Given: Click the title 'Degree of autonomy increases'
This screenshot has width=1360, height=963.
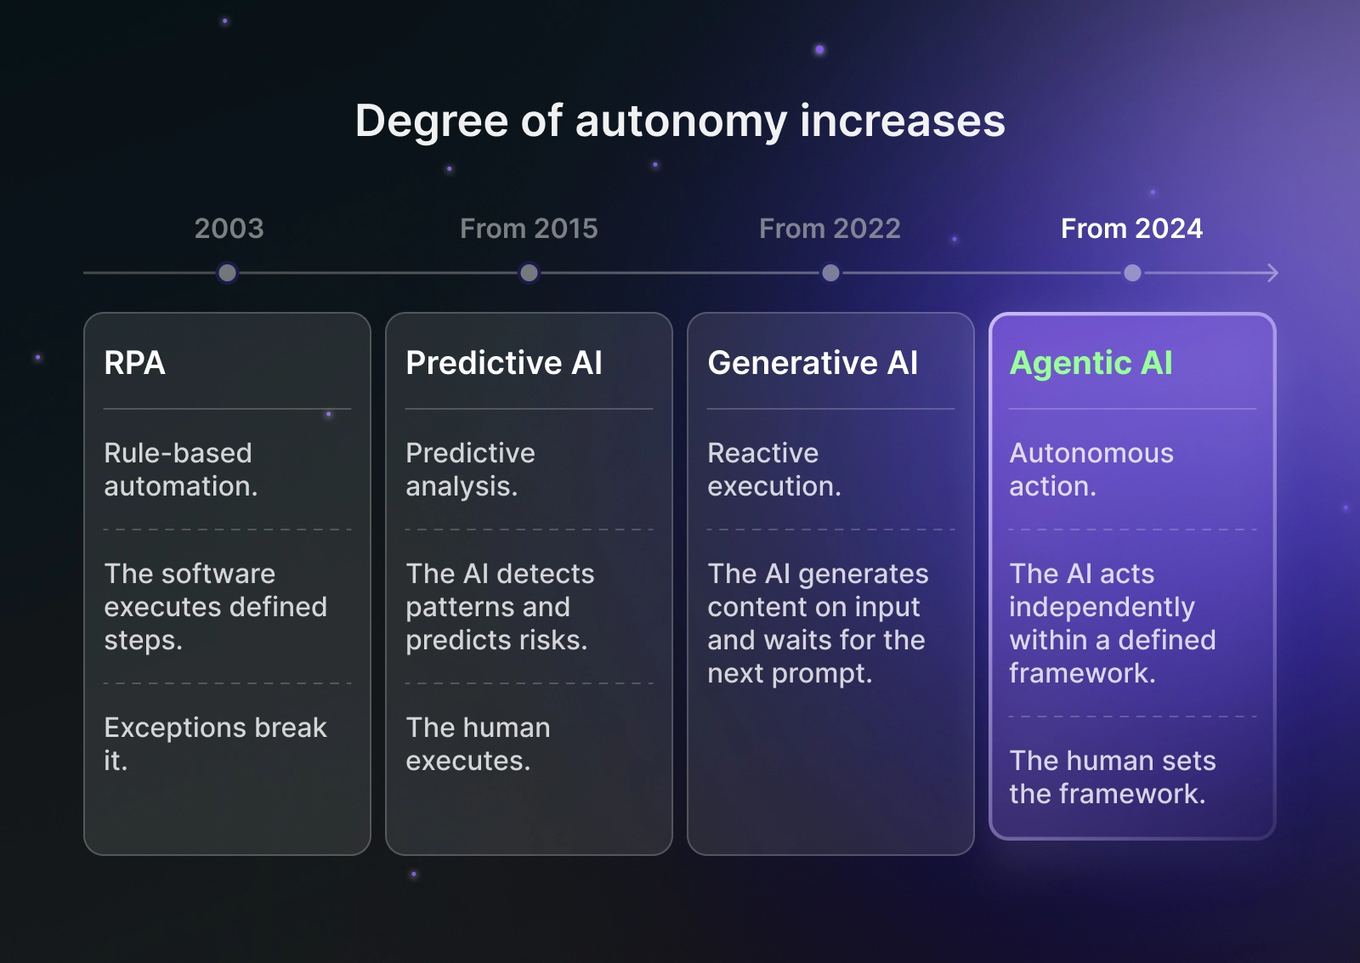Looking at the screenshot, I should click(680, 121).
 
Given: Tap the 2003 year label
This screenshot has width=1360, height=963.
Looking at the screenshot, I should click(229, 229).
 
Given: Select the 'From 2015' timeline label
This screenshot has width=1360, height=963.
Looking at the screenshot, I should click(529, 229).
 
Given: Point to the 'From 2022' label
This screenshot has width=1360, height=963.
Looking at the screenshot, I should click(830, 229).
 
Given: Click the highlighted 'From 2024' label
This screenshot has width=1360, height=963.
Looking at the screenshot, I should click(1131, 229).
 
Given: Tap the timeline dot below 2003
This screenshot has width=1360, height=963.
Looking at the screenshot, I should click(227, 273).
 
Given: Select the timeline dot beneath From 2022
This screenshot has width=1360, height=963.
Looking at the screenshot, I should click(830, 273).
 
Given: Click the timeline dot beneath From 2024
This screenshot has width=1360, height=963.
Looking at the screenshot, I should click(1132, 273).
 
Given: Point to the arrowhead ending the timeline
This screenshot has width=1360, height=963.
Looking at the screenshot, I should click(1272, 273).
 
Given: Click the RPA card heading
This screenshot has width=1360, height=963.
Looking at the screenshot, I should click(134, 363).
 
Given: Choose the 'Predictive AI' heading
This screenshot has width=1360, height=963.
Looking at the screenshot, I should click(504, 363).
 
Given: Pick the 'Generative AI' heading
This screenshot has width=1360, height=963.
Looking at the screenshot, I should click(813, 363).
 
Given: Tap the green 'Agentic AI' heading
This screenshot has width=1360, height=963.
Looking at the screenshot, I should click(1091, 363).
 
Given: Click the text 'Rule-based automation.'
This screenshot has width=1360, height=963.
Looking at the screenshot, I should click(180, 469).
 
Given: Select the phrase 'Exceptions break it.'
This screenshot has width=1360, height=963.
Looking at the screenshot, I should click(214, 744).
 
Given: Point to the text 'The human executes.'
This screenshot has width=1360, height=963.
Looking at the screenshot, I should click(478, 744).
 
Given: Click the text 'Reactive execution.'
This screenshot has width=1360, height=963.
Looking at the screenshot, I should click(773, 469).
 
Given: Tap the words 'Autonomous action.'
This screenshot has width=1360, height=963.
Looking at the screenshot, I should click(1091, 469).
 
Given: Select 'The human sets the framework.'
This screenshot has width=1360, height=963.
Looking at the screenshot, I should click(1112, 777).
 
